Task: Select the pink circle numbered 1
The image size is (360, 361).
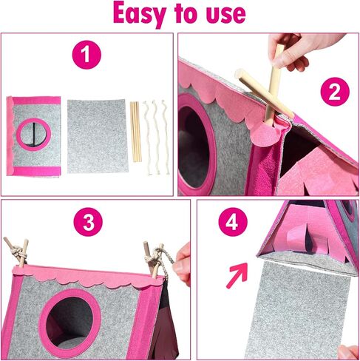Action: pos(86,55)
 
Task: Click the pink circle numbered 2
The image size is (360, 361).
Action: pos(335,92)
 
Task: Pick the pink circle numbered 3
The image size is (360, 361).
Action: pos(88,222)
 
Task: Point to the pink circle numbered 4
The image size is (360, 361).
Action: pos(233,222)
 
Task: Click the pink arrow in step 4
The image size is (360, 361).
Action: pos(237,275)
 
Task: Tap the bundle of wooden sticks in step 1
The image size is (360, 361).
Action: pos(135,132)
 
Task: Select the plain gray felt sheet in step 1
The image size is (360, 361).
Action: pos(98,136)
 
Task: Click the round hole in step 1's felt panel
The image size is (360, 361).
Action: pos(34,135)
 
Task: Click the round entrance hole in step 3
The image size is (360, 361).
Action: pos(70,320)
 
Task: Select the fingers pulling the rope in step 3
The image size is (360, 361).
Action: pos(183,265)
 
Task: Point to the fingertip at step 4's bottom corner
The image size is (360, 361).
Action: pos(349,352)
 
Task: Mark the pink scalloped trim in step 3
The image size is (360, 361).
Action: pos(87,275)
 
